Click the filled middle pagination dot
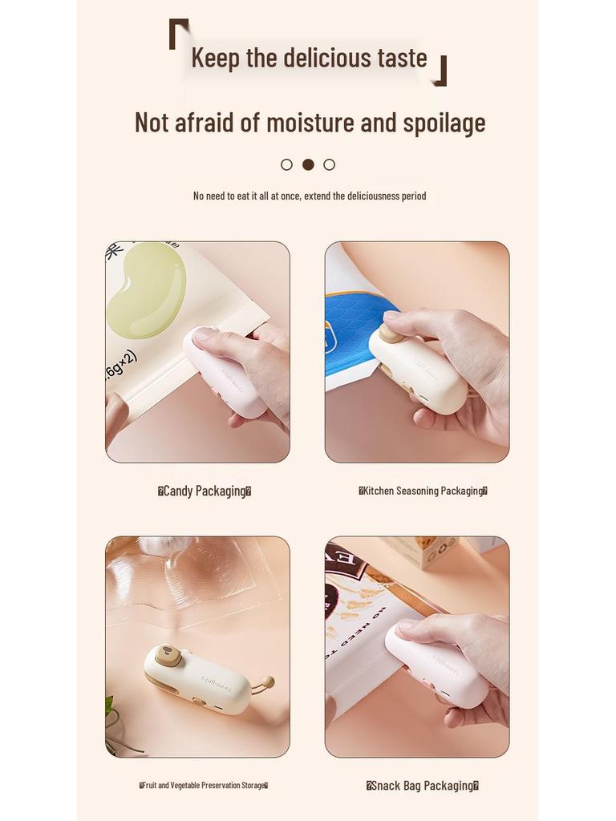point(308,164)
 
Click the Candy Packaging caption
point(205,491)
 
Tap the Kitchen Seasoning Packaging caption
point(423,491)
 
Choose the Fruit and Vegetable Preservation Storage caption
point(204,786)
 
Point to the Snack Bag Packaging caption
point(423,786)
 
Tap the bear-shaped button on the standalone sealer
point(166,654)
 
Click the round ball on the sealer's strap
point(268,681)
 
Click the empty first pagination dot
point(286,164)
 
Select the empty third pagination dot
point(329,164)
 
